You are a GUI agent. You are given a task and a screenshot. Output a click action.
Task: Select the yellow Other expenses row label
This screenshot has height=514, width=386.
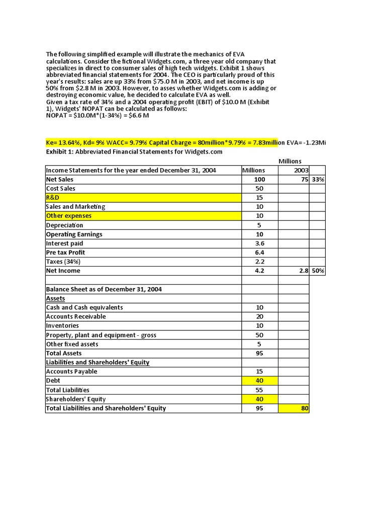point(68,216)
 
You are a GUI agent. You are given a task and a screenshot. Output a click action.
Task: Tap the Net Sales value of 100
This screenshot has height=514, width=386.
point(260,179)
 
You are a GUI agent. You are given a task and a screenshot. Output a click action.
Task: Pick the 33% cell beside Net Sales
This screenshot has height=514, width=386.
point(317,179)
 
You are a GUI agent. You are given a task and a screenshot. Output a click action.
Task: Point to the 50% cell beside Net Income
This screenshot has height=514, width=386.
point(317,271)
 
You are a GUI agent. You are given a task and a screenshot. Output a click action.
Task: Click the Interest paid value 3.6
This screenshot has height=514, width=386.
point(260,243)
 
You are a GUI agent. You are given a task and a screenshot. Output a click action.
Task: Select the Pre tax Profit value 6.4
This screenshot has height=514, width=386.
point(260,252)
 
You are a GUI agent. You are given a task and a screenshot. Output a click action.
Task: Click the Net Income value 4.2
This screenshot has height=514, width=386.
point(260,271)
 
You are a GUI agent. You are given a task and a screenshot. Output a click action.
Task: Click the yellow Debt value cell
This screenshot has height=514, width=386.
point(260,380)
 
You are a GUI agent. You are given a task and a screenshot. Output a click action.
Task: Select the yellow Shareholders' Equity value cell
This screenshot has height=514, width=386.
point(260,399)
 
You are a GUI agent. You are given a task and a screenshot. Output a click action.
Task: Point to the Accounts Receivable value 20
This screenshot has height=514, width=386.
point(260,316)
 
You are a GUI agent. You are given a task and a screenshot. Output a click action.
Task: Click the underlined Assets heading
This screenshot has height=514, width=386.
point(55,298)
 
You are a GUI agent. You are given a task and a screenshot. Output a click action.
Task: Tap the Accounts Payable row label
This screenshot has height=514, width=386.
point(71,371)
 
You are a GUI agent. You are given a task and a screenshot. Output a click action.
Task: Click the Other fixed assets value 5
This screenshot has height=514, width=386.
point(260,344)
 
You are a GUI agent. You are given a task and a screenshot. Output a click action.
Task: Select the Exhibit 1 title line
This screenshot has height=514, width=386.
point(134,152)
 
